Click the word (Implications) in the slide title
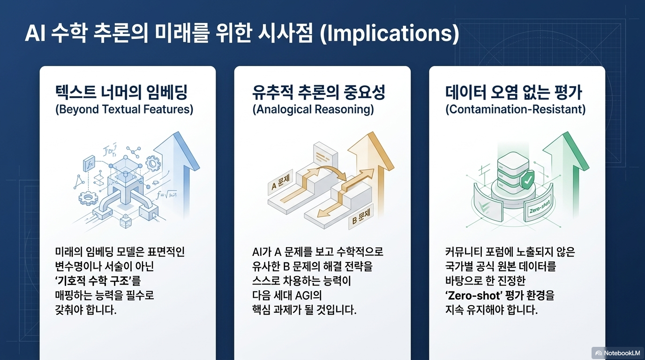[390, 33]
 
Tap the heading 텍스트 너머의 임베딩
[121, 92]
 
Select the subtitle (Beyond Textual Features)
[124, 109]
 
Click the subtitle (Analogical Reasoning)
[313, 109]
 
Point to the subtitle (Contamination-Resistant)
[516, 109]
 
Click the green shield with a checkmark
[527, 180]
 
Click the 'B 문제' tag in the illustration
[361, 217]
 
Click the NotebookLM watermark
[618, 353]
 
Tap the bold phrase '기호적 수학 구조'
[98, 281]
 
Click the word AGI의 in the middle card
[308, 295]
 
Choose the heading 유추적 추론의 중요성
[318, 92]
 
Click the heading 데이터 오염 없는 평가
[514, 92]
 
